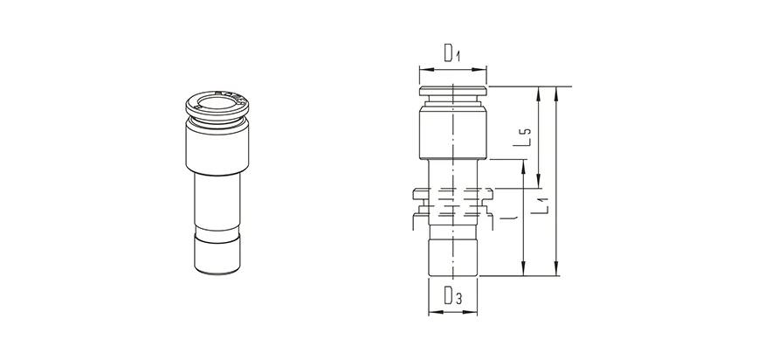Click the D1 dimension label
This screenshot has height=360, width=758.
coord(451,54)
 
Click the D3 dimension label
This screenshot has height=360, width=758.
coord(453,296)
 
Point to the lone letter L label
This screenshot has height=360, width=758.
coord(508,213)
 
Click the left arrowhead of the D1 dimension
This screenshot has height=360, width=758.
coord(423,68)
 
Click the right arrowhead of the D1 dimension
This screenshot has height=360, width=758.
coord(486,68)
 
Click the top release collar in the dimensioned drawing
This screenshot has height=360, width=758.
coord(454,91)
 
